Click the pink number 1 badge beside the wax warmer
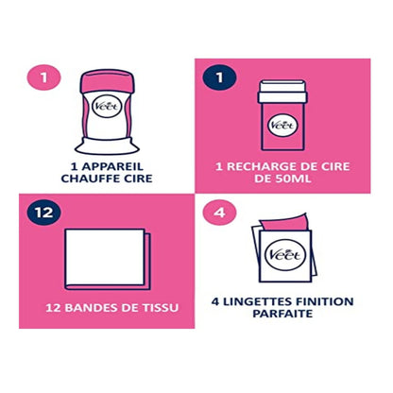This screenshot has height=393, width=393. click(43, 77)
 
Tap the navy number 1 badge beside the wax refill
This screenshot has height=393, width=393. click(220, 77)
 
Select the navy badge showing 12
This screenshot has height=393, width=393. click(43, 212)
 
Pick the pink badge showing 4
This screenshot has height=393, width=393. click(220, 212)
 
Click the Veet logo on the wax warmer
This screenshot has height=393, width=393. click(107, 106)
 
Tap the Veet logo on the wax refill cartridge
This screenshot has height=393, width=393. click(282, 125)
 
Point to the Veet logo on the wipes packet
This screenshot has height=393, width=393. click(282, 254)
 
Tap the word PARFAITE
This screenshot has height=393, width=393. click(282, 314)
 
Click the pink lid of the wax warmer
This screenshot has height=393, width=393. click(107, 81)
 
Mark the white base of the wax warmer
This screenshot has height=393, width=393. click(107, 146)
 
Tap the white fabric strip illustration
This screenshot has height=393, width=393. click(105, 257)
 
